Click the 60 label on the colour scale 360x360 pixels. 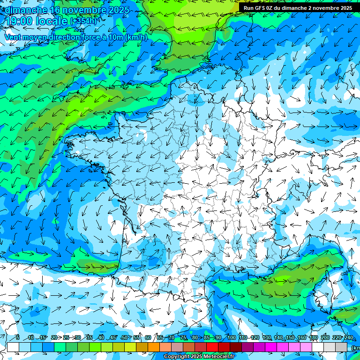coord(148,337)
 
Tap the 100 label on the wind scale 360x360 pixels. coord(232,337)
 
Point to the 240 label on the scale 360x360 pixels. coord(348,337)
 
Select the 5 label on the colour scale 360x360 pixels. coord(17,337)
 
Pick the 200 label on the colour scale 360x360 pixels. coord(325,337)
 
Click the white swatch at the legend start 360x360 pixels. coord(13,347)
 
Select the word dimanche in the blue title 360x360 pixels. coord(25,9)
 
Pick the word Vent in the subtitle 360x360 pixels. coord(14,37)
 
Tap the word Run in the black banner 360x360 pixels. coord(248,8)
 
